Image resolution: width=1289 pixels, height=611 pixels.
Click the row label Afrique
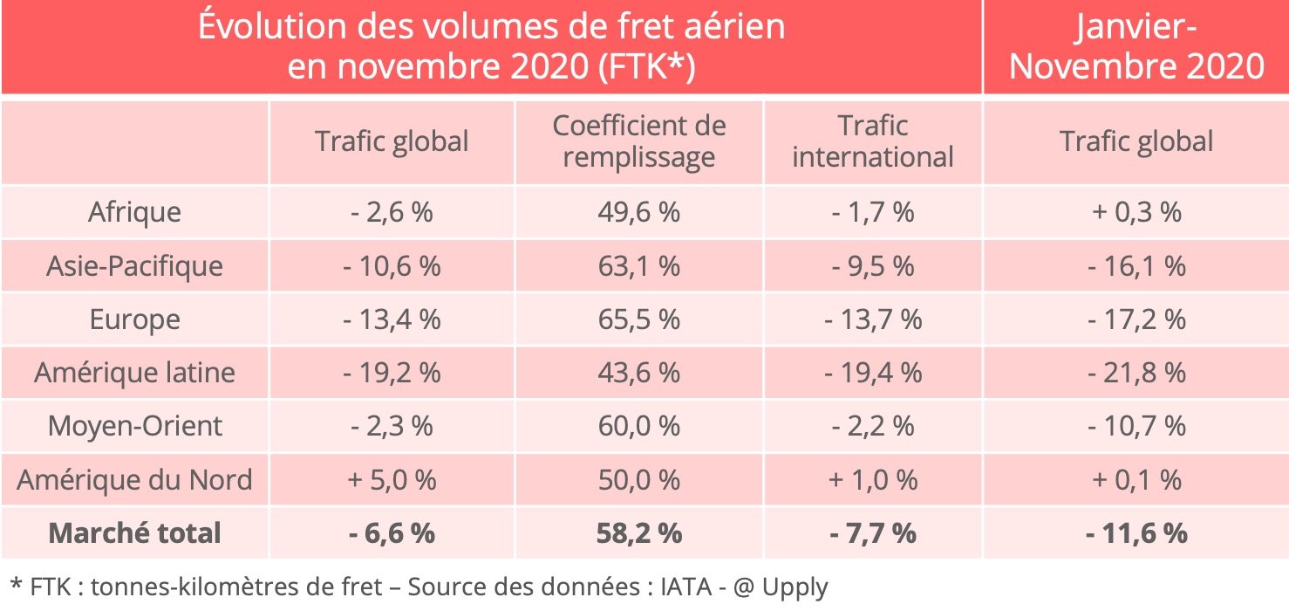click(134, 212)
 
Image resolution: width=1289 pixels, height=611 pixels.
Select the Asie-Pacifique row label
click(134, 265)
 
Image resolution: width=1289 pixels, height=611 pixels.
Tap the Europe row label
click(134, 319)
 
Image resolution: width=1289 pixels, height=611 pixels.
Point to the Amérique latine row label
click(134, 373)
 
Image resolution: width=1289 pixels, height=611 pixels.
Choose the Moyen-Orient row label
click(134, 426)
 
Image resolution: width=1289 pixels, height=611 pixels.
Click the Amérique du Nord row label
click(134, 479)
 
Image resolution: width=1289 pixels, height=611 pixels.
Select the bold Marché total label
click(134, 532)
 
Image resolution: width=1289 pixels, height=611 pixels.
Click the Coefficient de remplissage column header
click(639, 141)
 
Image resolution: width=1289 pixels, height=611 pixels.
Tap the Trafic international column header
click(873, 141)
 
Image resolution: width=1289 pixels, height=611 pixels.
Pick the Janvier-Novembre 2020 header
click(1136, 47)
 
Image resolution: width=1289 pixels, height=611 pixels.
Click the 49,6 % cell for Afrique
click(639, 212)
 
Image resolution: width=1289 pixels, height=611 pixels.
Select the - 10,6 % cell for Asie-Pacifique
click(392, 265)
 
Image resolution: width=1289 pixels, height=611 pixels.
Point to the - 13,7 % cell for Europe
click(873, 319)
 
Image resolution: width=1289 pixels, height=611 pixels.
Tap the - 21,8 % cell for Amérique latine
click(1136, 373)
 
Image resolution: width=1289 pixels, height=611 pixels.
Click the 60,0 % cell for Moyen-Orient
click(639, 426)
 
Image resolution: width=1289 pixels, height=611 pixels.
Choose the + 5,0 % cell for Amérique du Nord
click(392, 479)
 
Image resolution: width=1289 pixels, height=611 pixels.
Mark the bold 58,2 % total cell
click(639, 532)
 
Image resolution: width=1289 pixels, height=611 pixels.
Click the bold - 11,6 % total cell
click(1136, 532)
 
